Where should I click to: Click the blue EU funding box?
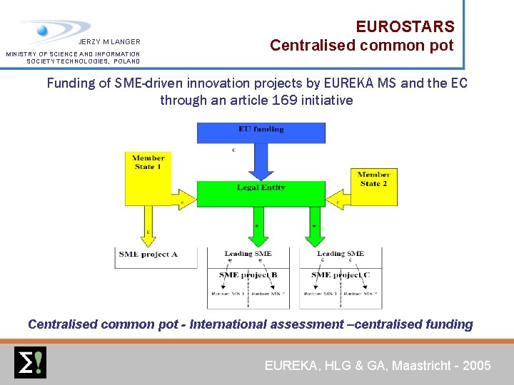[x=261, y=132]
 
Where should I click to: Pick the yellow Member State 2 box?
[x=373, y=187]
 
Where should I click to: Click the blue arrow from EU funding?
[x=261, y=163]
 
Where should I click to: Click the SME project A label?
[x=148, y=254]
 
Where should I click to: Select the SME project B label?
[x=248, y=274]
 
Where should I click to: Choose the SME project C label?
[x=341, y=274]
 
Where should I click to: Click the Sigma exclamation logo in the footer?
[x=30, y=362]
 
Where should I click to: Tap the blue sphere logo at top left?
[x=43, y=31]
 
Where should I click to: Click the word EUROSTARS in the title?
[x=405, y=27]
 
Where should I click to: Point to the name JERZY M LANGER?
[x=109, y=42]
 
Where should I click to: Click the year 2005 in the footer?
[x=477, y=366]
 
